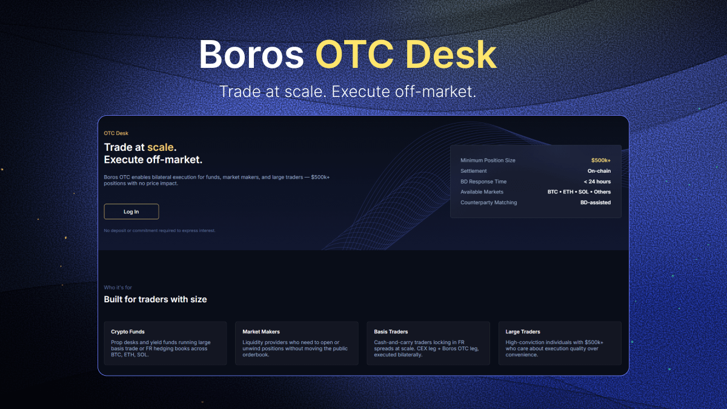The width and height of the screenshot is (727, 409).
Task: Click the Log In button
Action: coord(131,211)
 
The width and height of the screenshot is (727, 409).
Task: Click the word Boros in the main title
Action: coord(251,55)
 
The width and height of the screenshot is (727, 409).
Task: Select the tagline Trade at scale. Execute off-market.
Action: coord(348,92)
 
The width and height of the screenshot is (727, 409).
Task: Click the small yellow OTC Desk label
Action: coord(116,133)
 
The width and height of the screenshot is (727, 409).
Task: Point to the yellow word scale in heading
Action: coord(161,147)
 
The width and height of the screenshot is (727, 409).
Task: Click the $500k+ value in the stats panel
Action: coord(600,161)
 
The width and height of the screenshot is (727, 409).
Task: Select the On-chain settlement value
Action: coord(599,171)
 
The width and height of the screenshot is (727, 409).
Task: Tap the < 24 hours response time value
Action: coord(597,182)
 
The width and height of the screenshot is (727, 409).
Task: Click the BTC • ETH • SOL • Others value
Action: coord(579,192)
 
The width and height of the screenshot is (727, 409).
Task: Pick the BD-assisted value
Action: coord(595,202)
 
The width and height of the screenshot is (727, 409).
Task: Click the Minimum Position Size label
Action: coord(488,161)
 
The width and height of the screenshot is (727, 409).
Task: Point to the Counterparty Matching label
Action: coord(488,202)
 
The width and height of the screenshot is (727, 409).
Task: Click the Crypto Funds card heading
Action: coord(128,332)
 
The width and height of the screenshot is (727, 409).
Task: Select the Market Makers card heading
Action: coord(261,332)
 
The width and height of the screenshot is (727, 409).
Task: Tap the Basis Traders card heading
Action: coord(391,332)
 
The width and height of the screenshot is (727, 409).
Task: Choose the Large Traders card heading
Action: coord(523,332)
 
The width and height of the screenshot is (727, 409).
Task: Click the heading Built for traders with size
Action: coord(156,299)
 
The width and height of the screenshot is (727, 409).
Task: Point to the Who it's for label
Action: coord(118,288)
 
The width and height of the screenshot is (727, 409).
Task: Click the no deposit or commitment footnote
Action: coord(160,231)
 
